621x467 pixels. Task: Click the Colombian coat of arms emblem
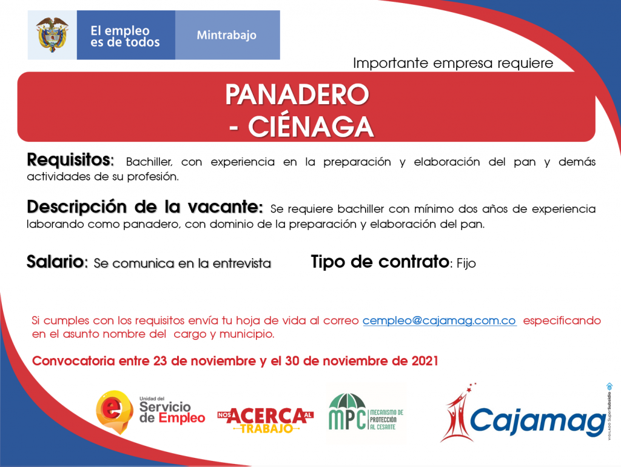[x=52, y=35]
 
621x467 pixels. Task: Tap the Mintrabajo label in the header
[x=227, y=35]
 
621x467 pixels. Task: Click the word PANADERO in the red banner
[x=297, y=94]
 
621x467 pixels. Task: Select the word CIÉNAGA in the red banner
[x=311, y=127]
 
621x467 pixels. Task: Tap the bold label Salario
[x=55, y=262]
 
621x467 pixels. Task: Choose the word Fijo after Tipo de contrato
[x=466, y=263]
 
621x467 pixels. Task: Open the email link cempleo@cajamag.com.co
[x=439, y=320]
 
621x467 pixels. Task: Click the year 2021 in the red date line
[x=425, y=361]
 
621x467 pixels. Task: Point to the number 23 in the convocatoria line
[x=159, y=361]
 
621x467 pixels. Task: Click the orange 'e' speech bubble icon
[x=114, y=412]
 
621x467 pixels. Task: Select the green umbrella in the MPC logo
[x=347, y=403]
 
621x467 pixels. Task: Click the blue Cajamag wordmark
[x=537, y=422]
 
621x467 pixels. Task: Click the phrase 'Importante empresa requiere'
[x=453, y=63]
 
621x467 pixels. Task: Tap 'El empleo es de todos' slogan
[x=125, y=36]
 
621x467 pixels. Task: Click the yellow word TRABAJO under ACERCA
[x=267, y=429]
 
